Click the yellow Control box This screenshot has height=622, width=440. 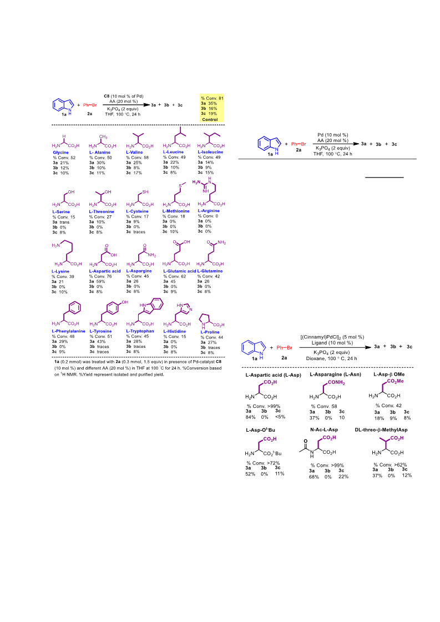[212, 108]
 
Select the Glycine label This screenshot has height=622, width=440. [60, 153]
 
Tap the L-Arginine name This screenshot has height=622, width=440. [209, 211]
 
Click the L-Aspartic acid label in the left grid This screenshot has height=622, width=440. [105, 271]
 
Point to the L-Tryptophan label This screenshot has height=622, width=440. [140, 331]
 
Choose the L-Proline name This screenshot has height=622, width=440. [210, 332]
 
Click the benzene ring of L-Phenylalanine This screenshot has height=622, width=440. [74, 308]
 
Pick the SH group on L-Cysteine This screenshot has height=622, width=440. [145, 192]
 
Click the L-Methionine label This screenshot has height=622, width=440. [176, 211]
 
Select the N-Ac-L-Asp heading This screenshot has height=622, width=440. [324, 429]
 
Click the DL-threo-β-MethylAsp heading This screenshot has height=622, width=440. [381, 429]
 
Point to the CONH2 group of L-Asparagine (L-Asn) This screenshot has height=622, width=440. [336, 382]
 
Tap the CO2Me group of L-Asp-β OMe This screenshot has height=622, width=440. [395, 381]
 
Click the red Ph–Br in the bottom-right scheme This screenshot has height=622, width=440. [284, 347]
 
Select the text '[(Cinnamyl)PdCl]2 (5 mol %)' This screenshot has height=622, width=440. [332, 337]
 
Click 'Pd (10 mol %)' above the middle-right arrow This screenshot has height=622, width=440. [333, 135]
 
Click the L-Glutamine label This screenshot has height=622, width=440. [210, 271]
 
